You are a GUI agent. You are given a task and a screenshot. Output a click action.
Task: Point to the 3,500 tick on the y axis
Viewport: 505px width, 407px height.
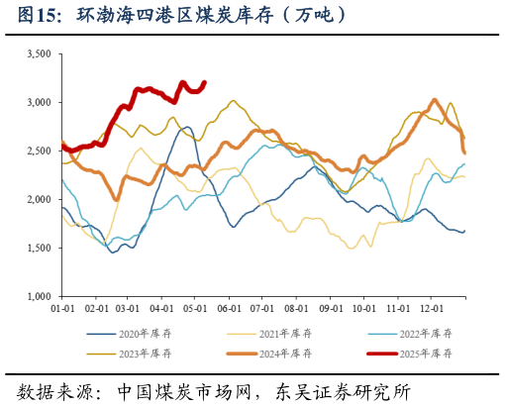click(x=38, y=54)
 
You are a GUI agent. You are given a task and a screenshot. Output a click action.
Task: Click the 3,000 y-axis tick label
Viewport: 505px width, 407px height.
click(x=38, y=103)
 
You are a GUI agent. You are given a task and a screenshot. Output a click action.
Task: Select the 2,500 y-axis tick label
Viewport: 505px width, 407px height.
click(x=38, y=152)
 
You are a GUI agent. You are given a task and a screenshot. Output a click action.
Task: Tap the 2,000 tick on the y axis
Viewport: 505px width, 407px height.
click(x=38, y=200)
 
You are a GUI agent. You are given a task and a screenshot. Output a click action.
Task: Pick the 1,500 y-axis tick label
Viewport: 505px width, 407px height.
click(x=38, y=249)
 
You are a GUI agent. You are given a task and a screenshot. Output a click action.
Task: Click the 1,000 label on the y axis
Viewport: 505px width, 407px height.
click(x=38, y=297)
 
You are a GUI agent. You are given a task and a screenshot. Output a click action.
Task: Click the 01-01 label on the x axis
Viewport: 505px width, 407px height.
click(x=62, y=310)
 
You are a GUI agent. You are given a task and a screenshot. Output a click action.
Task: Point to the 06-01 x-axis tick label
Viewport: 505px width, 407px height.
click(x=230, y=310)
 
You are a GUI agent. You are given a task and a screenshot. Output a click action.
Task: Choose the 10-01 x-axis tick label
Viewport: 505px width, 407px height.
click(x=364, y=310)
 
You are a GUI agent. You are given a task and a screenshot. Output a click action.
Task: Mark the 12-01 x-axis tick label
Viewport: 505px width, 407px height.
click(x=432, y=310)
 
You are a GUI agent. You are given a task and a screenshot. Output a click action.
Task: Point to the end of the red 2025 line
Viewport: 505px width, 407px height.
click(x=205, y=82)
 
